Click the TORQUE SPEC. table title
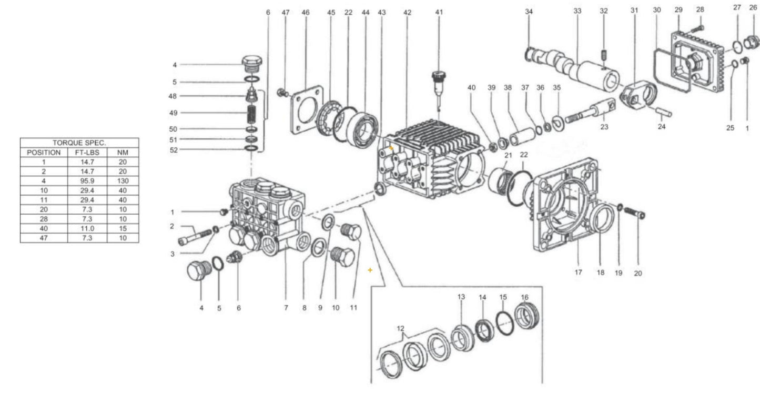(79, 143)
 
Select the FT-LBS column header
(87, 153)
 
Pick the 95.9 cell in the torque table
(87, 181)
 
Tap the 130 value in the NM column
(123, 181)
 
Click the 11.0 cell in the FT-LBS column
(87, 228)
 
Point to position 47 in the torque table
(44, 238)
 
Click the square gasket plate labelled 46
(306, 111)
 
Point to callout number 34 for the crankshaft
(529, 12)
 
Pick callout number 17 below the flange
(578, 273)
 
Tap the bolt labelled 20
(635, 213)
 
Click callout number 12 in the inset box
(400, 329)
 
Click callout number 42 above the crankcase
(407, 12)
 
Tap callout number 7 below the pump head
(286, 308)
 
